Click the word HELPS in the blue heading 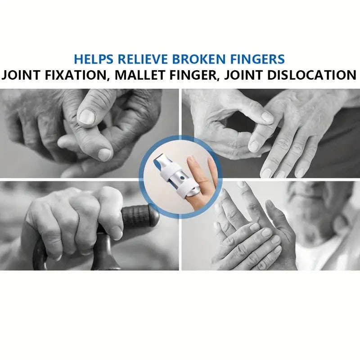coord(94,59)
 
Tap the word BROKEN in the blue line coord(199,59)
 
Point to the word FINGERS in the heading coord(257,59)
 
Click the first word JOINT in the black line coord(21,75)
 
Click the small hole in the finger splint coord(182,178)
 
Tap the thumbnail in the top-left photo coord(86,116)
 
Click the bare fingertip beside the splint coord(190,161)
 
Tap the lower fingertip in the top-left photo coord(105,154)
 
